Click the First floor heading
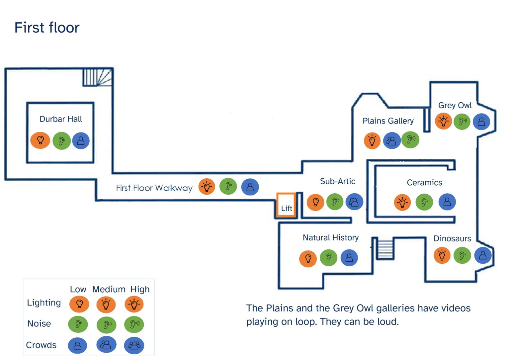[x=47, y=28]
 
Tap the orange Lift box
[x=286, y=205]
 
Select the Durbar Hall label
[x=60, y=119]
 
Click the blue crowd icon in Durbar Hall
[x=81, y=141]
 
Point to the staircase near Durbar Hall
[x=97, y=77]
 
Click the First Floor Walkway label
[x=154, y=188]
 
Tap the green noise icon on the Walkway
[x=228, y=186]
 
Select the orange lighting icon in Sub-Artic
[x=315, y=202]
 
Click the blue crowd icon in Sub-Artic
[x=354, y=202]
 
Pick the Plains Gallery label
[x=388, y=121]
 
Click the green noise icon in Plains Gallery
[x=410, y=140]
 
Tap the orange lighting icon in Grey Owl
[x=443, y=121]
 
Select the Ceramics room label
[x=424, y=183]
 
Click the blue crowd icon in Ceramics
[x=447, y=202]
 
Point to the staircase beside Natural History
[x=385, y=249]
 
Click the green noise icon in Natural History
[x=328, y=258]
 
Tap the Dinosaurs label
[x=452, y=238]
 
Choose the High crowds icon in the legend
[x=134, y=345]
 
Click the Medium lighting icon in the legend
[x=106, y=304]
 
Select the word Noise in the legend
[x=39, y=323]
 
